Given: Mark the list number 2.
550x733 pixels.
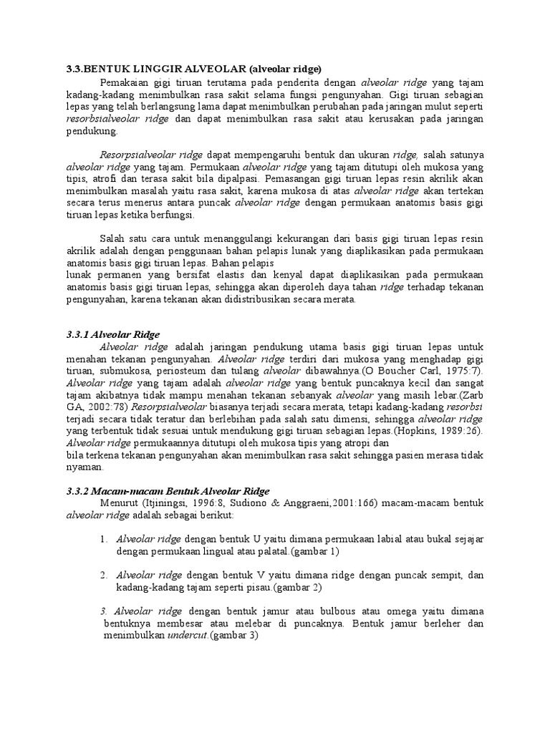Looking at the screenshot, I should [x=104, y=575].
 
